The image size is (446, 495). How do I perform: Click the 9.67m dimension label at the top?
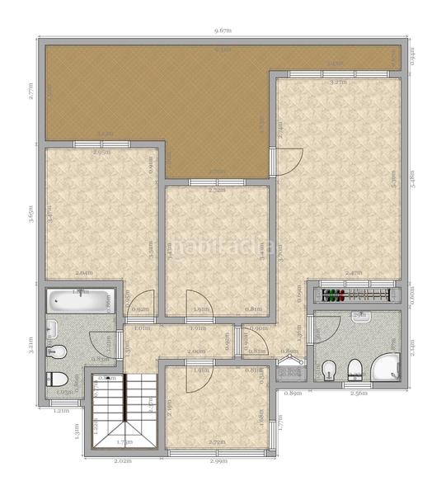pos(223,31)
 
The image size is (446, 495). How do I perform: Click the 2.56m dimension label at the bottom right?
pos(359,394)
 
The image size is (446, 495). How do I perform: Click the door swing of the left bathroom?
pos(101,339)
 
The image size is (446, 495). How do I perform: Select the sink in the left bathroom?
pos(51,329)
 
